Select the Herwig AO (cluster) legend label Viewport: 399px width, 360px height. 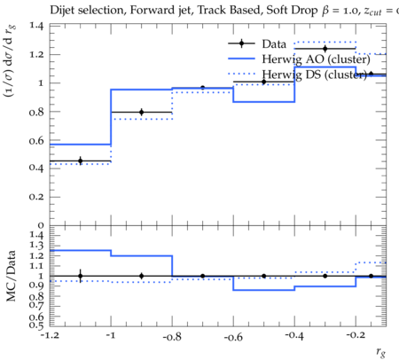coord(316,59)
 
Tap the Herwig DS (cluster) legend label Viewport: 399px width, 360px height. coord(315,74)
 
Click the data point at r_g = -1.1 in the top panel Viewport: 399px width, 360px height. coord(80,161)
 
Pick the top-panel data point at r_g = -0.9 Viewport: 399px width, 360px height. coord(142,112)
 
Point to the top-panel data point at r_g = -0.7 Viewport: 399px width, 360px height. coord(202,88)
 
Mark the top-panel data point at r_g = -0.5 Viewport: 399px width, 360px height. coord(264,82)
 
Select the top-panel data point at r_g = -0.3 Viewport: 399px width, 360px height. coord(325,49)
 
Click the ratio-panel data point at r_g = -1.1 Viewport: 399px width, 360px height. coord(80,276)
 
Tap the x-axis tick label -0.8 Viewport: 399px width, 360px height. coord(172,336)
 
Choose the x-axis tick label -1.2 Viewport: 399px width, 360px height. coord(50,335)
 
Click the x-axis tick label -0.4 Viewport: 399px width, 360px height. coord(294,336)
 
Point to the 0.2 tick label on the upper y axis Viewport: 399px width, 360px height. coord(36,197)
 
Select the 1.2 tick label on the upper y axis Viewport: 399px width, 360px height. coord(37,54)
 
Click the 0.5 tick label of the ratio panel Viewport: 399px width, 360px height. coord(36,325)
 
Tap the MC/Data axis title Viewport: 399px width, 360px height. coord(11,276)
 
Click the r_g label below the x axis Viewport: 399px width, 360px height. coord(381,352)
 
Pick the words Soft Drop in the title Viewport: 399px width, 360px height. coord(292,11)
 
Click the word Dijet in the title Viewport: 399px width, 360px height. coord(62,11)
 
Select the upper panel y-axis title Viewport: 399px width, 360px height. coord(10,61)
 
